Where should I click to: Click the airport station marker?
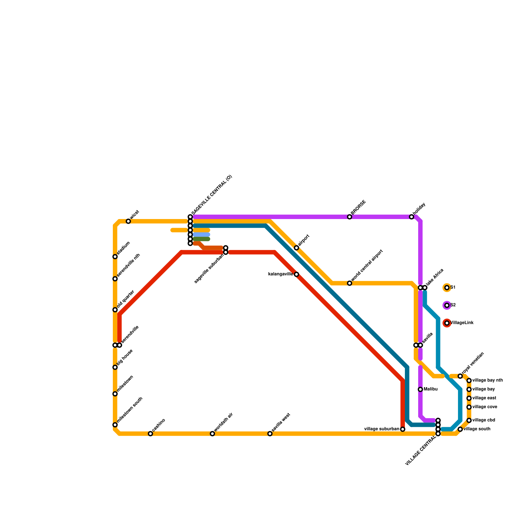[296, 248]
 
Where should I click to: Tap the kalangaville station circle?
[296, 274]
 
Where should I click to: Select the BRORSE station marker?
[349, 217]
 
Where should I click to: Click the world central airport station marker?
[349, 283]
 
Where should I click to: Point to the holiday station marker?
[412, 217]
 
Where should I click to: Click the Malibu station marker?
[420, 389]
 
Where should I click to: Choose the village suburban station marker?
[403, 429]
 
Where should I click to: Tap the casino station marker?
[150, 434]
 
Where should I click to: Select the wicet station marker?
[128, 221]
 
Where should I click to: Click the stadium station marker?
[115, 257]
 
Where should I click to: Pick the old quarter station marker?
[115, 310]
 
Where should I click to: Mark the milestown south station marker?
[115, 425]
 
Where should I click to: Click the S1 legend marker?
[447, 288]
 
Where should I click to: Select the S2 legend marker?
[447, 305]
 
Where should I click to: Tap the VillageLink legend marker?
[447, 323]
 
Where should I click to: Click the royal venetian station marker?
[460, 376]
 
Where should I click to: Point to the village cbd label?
[484, 420]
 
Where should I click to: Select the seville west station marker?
[270, 434]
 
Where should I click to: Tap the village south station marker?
[460, 429]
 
